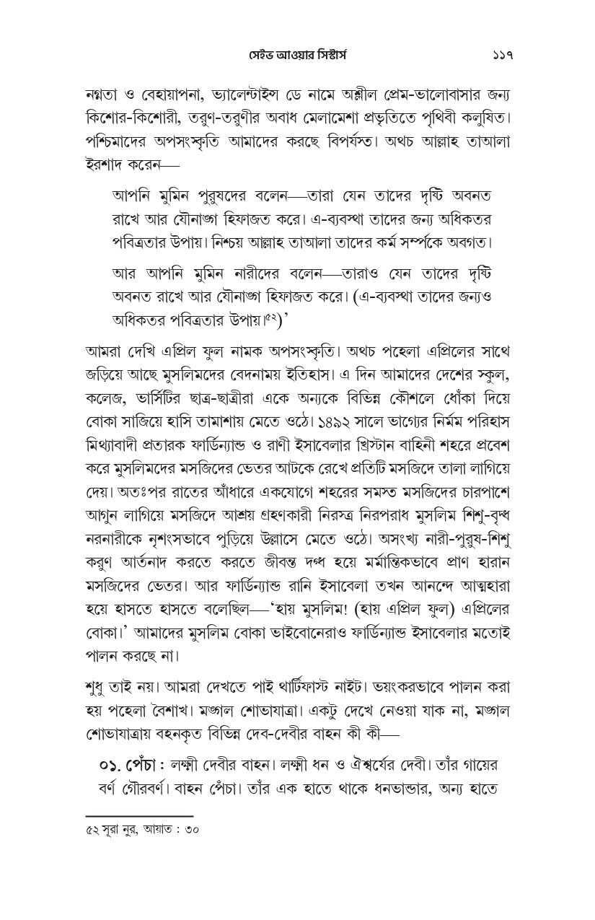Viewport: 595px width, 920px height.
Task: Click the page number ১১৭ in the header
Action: pos(497,56)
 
